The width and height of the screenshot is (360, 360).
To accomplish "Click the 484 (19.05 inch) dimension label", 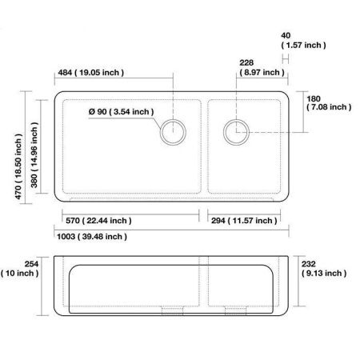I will pyautogui.click(x=90, y=73).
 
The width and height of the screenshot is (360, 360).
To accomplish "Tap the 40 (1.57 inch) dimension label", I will pyautogui.click(x=303, y=41).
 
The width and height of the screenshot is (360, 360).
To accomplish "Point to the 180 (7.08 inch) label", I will pyautogui.click(x=328, y=102).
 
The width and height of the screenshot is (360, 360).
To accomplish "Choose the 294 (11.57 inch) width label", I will pyautogui.click(x=244, y=220).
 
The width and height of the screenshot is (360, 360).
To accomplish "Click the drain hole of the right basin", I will pyautogui.click(x=236, y=130).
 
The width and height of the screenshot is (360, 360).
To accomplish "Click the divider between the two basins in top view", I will pyautogui.click(x=205, y=146).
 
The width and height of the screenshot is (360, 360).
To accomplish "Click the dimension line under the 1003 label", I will pyautogui.click(x=171, y=229).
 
